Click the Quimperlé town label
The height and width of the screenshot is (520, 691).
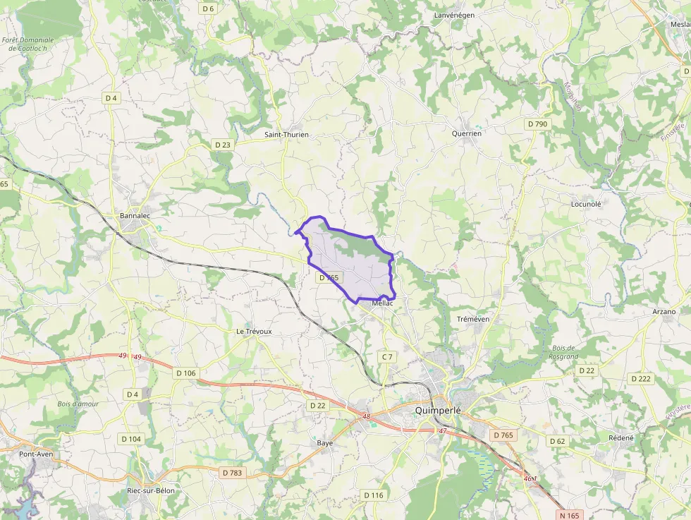coord(438,410)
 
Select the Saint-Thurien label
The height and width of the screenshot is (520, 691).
coord(286,134)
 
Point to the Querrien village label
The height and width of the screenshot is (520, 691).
coord(467,133)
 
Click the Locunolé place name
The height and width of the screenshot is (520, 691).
coord(586,204)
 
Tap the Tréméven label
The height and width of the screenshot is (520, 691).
coord(473,319)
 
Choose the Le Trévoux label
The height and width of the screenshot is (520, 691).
coord(254,330)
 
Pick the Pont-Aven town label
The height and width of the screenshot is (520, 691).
coord(37,454)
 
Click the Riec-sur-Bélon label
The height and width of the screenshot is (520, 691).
coord(150,490)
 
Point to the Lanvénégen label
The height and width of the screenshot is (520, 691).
coord(455,14)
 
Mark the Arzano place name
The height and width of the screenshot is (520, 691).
coord(664,311)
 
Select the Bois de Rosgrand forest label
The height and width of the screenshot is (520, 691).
coord(564,352)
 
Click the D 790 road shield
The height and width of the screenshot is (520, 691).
coord(537,124)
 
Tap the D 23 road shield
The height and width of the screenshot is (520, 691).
coord(222,145)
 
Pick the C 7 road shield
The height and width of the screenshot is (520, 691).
coord(387,357)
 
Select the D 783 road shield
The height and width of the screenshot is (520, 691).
coord(231,472)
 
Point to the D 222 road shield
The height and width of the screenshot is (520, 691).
coord(641,379)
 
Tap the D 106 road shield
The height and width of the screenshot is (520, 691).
coord(186,373)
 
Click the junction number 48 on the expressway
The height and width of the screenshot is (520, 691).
coord(366,417)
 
